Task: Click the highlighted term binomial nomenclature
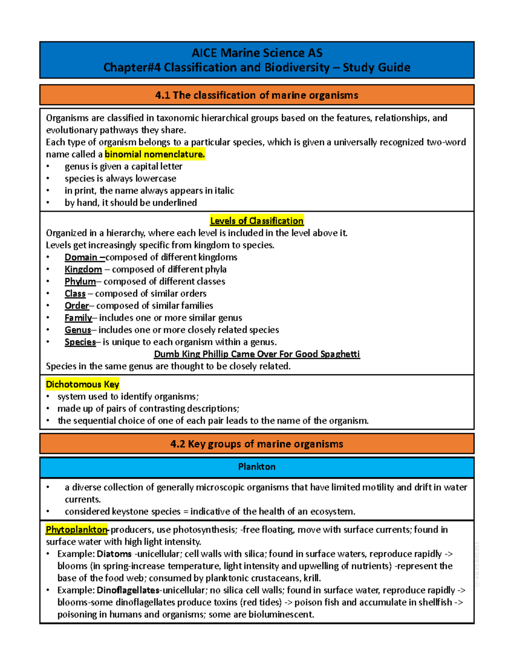point(155,154)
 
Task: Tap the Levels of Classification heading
point(257,221)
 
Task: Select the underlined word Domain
point(81,257)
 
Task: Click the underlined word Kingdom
point(83,269)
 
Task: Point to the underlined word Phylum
point(80,281)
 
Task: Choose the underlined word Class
point(75,294)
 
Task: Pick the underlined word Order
point(77,306)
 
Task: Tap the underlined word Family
point(78,318)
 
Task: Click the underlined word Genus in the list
point(78,330)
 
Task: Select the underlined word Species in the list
point(80,342)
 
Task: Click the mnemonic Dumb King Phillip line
point(257,354)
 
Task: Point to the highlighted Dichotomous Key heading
point(82,384)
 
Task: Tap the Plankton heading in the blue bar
point(257,467)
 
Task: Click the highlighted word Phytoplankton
point(77,530)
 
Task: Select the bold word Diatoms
point(114,554)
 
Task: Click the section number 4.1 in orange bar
point(162,95)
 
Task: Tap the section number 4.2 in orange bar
point(178,444)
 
